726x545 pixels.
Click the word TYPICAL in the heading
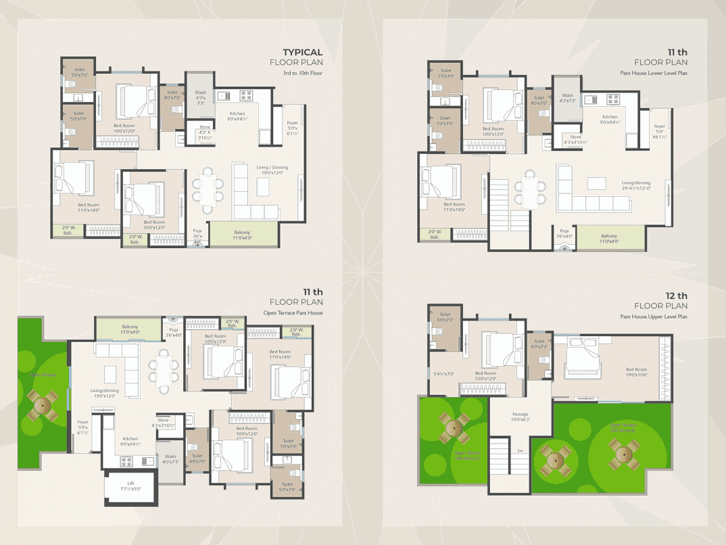302,52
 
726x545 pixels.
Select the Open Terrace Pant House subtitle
293,313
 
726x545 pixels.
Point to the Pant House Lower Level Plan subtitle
654,73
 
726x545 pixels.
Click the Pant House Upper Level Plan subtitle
654,316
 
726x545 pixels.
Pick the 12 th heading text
676,295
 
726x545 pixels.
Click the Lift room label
130,485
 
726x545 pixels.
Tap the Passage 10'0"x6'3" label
520,417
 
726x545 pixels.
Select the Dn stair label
520,451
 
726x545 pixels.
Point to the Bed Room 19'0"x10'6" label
636,373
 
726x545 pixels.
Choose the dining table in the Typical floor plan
208,189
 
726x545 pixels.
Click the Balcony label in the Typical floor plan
242,235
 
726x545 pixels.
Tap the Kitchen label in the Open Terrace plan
129,442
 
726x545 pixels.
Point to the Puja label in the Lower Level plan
564,234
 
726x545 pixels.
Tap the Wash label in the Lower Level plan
567,98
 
